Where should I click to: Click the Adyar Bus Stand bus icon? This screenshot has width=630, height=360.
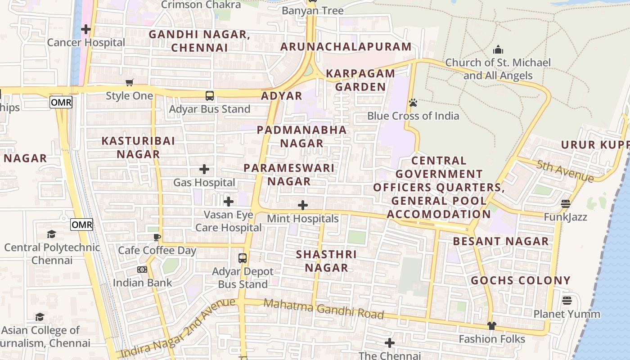[210, 95]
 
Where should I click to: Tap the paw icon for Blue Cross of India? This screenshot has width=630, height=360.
[413, 103]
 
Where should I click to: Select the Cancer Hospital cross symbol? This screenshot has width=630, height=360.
[86, 30]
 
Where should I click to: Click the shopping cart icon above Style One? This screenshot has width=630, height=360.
[130, 82]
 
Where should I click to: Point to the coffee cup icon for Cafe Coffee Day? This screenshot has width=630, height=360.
[157, 237]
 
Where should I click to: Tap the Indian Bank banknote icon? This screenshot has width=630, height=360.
[142, 270]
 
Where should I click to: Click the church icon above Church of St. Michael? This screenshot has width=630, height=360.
[498, 49]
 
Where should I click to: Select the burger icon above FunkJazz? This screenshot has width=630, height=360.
[566, 204]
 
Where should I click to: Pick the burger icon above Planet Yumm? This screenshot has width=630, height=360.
[567, 300]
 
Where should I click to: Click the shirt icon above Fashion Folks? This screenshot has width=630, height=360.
[492, 326]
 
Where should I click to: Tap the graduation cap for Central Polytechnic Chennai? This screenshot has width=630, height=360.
[52, 234]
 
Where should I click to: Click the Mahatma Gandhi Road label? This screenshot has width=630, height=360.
[324, 308]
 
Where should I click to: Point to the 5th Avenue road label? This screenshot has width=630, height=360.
[564, 171]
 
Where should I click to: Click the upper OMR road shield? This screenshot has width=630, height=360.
[61, 102]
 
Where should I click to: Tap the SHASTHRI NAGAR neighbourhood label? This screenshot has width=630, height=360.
[326, 261]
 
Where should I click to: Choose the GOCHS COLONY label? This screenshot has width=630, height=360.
[521, 281]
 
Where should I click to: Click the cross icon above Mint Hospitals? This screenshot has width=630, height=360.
[303, 206]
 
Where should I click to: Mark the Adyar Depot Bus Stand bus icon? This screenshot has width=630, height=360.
[243, 258]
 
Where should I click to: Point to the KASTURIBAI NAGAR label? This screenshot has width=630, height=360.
[138, 147]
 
